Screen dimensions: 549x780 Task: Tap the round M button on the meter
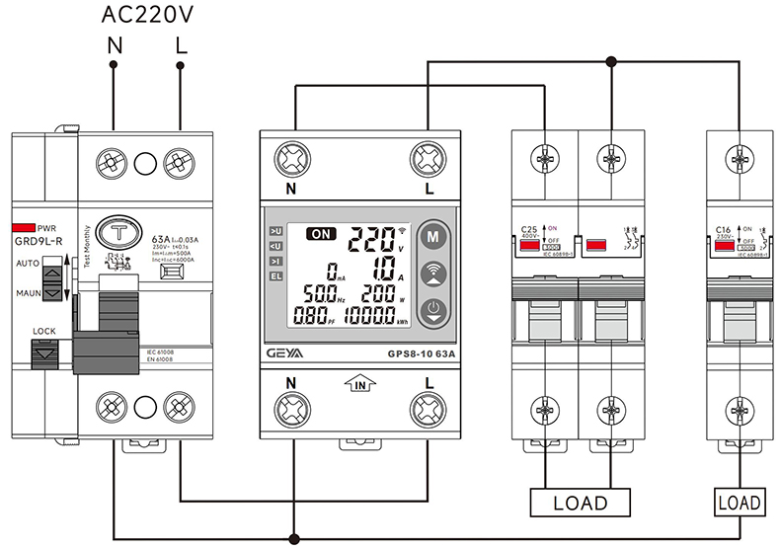(x=431, y=237)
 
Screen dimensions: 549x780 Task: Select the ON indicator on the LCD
(x=321, y=235)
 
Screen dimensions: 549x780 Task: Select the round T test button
(x=121, y=235)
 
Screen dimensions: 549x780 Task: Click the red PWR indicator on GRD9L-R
(x=25, y=226)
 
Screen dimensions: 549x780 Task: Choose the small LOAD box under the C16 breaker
(x=738, y=503)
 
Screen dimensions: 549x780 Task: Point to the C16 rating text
(x=723, y=230)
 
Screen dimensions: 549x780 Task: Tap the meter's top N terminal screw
(x=292, y=158)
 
